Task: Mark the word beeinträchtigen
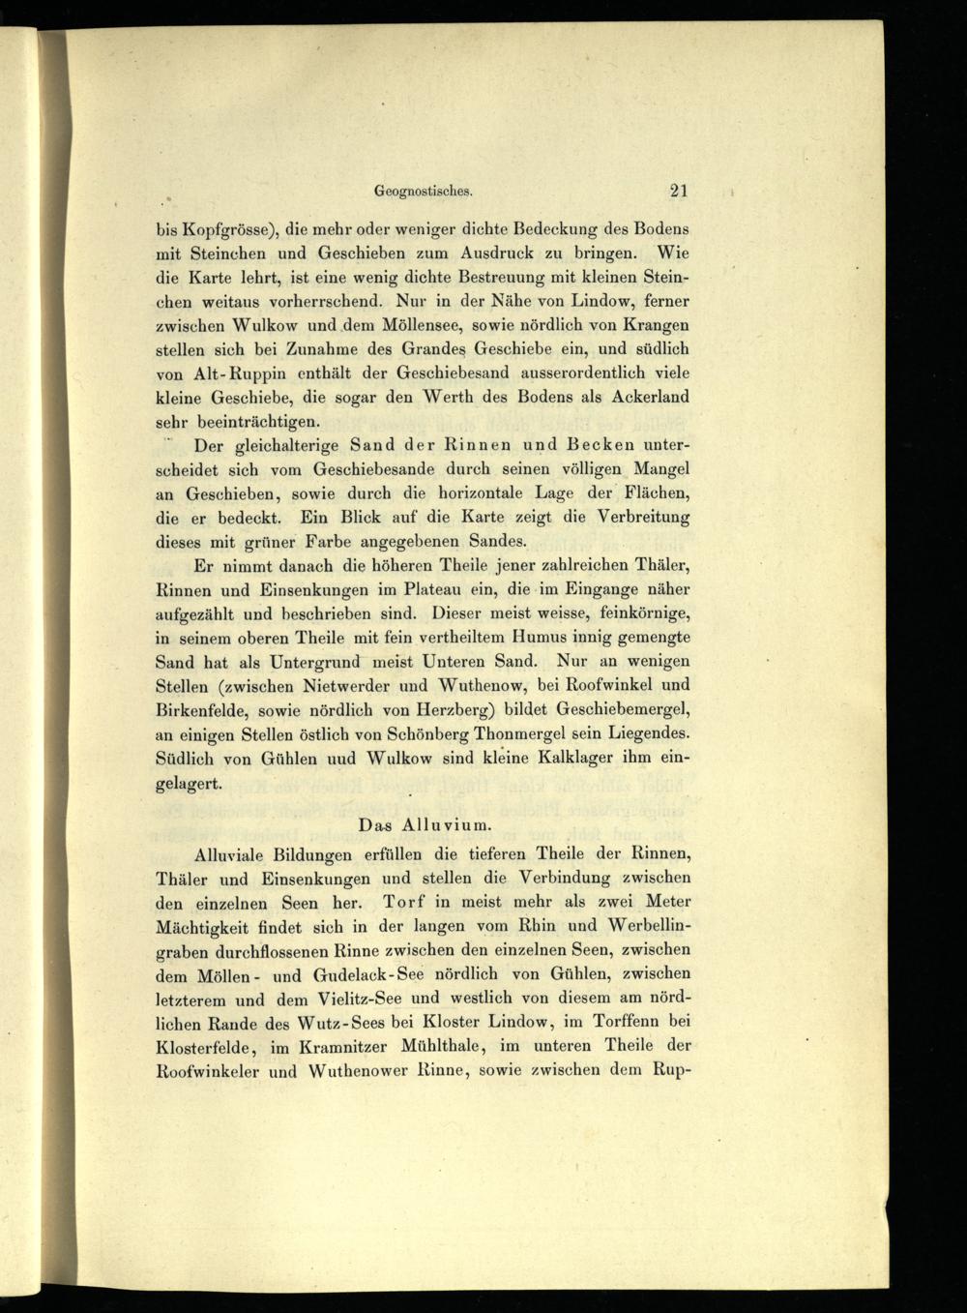point(241,421)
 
